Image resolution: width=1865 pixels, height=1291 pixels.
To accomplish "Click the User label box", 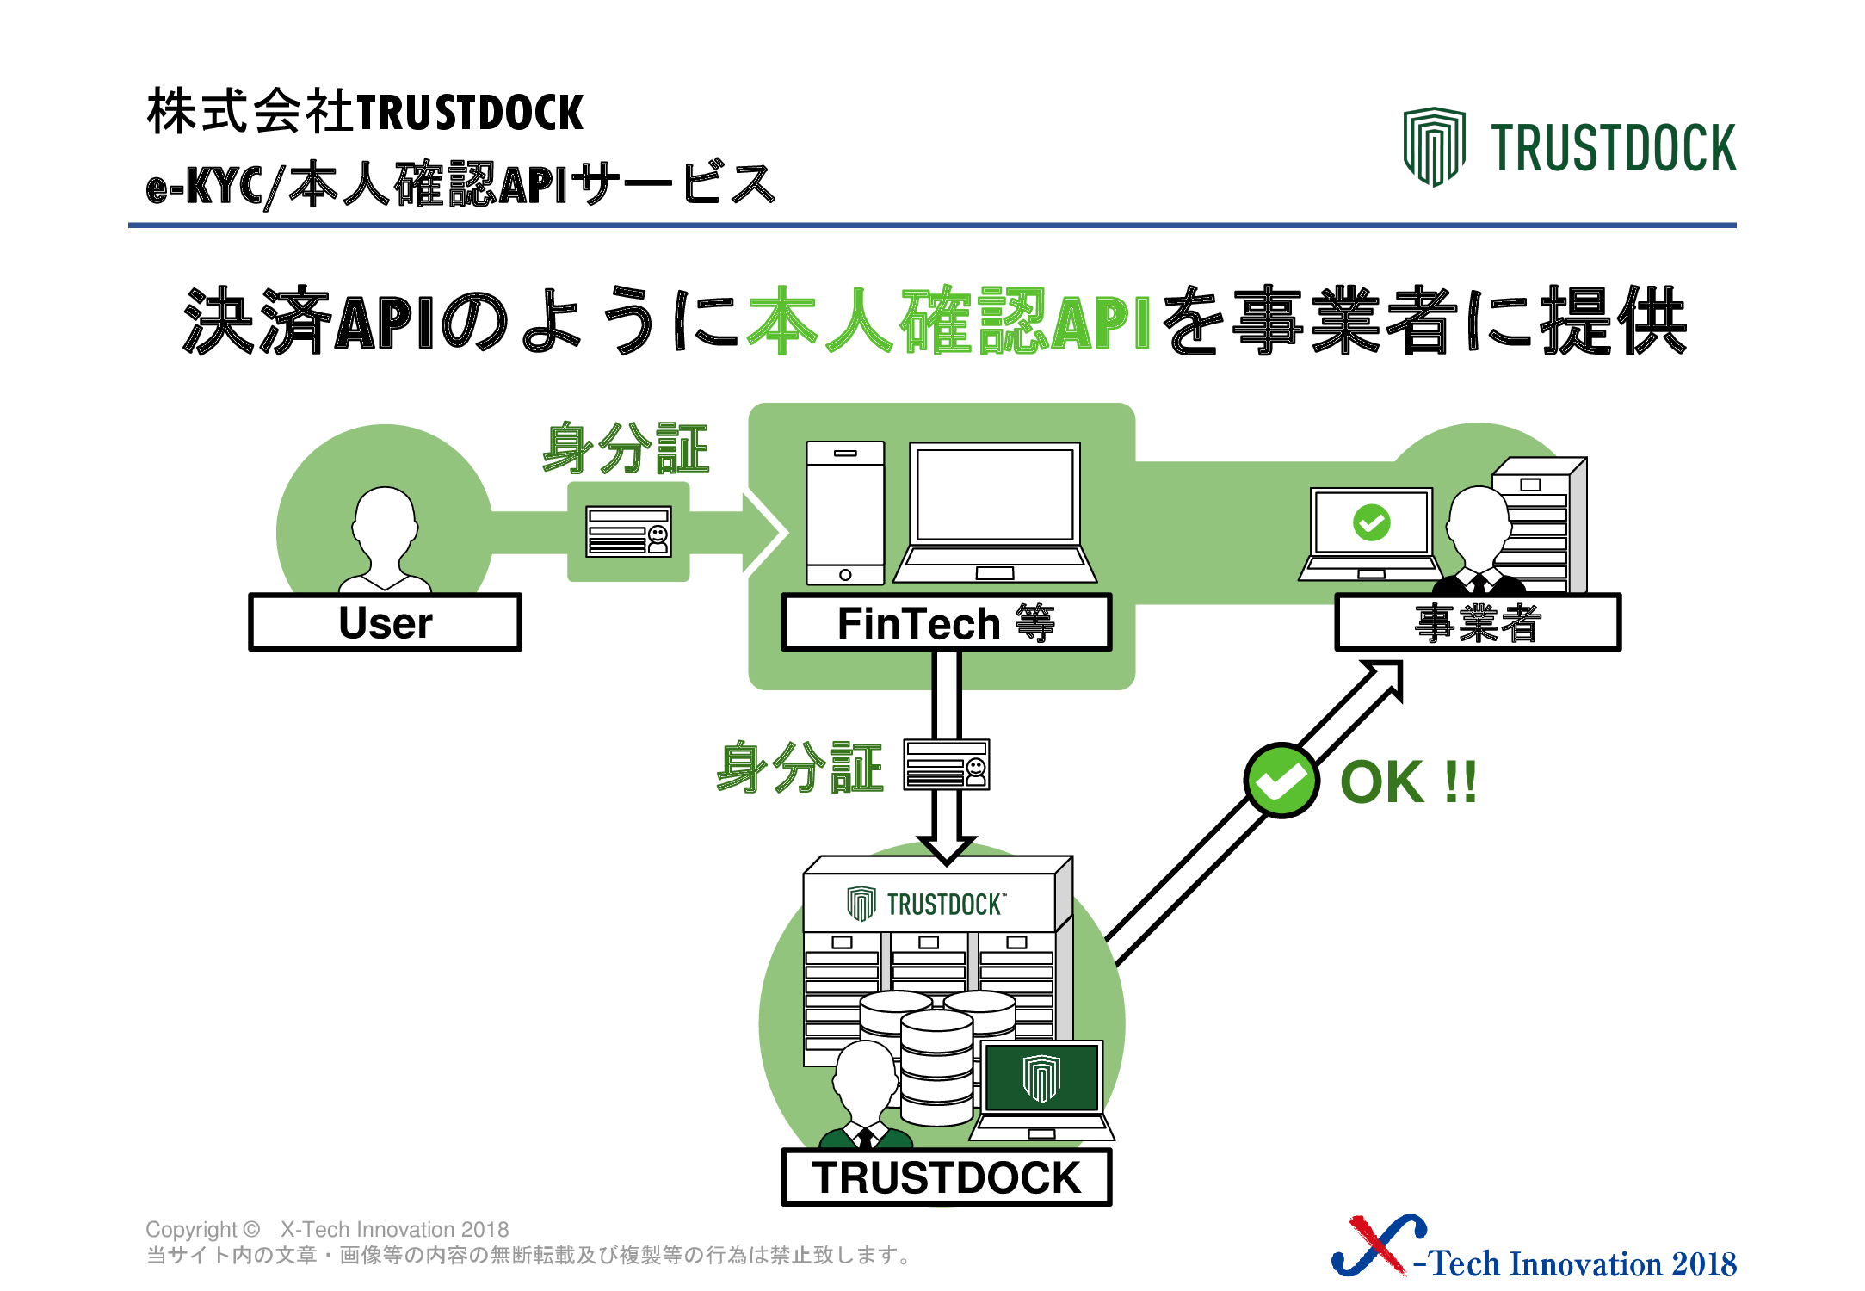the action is point(385,621).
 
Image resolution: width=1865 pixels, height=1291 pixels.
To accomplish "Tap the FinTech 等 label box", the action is point(946,621).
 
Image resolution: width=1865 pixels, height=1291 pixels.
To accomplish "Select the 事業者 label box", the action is point(1478,621).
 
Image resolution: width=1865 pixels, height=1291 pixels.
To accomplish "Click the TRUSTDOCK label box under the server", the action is point(946,1177).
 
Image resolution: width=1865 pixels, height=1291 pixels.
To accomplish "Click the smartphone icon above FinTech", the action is point(845,513).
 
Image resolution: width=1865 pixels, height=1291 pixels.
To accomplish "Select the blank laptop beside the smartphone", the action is point(995,513).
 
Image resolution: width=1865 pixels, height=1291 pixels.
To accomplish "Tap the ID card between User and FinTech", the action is point(628,531).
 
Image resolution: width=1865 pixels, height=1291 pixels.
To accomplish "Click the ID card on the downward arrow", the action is point(946,764).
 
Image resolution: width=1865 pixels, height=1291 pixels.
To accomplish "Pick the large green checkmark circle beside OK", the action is point(1281,781).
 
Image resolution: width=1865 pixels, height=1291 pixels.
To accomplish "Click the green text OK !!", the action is point(1409,781).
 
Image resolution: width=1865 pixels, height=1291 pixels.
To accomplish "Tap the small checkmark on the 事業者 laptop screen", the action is point(1371,522).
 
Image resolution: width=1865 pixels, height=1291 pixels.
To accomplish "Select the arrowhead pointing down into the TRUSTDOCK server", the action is point(946,849).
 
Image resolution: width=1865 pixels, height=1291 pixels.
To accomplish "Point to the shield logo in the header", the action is point(1434,146).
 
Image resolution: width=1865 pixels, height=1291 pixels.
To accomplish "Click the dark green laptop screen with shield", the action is point(1041,1077).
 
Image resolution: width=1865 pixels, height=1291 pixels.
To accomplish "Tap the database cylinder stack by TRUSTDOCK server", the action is point(936,1056).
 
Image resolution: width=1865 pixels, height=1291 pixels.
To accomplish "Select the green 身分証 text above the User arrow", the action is point(626,448).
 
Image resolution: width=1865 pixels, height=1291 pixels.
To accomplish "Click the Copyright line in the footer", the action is point(327,1229).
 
